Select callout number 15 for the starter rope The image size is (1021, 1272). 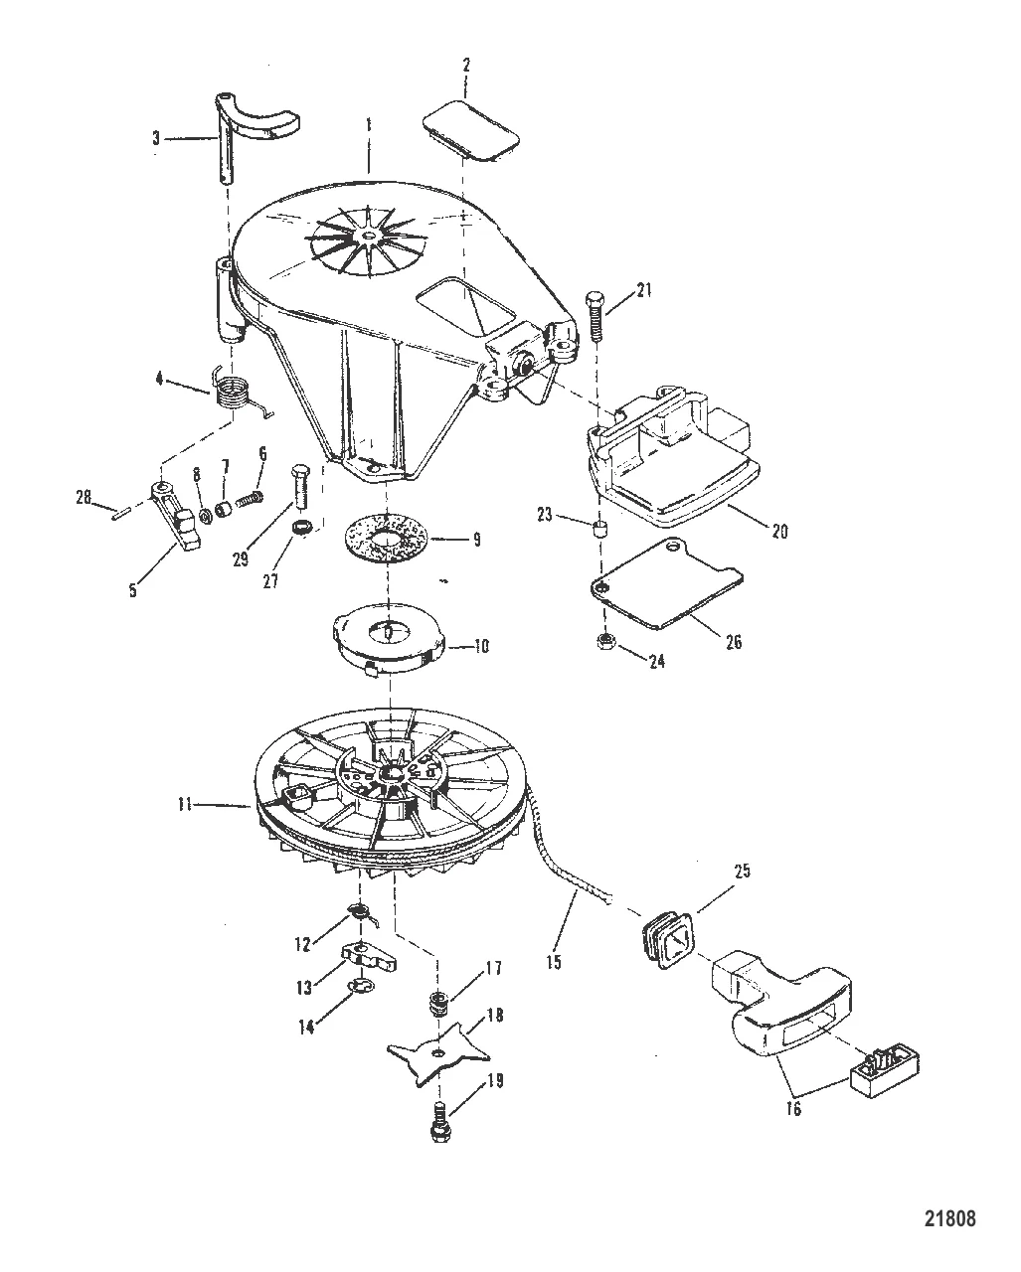point(554,962)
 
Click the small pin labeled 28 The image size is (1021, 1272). point(119,513)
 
